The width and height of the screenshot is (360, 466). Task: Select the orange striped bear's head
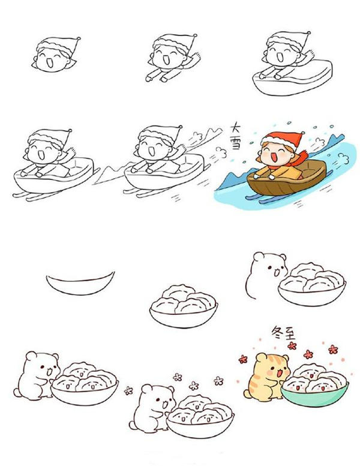pos(268,363)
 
